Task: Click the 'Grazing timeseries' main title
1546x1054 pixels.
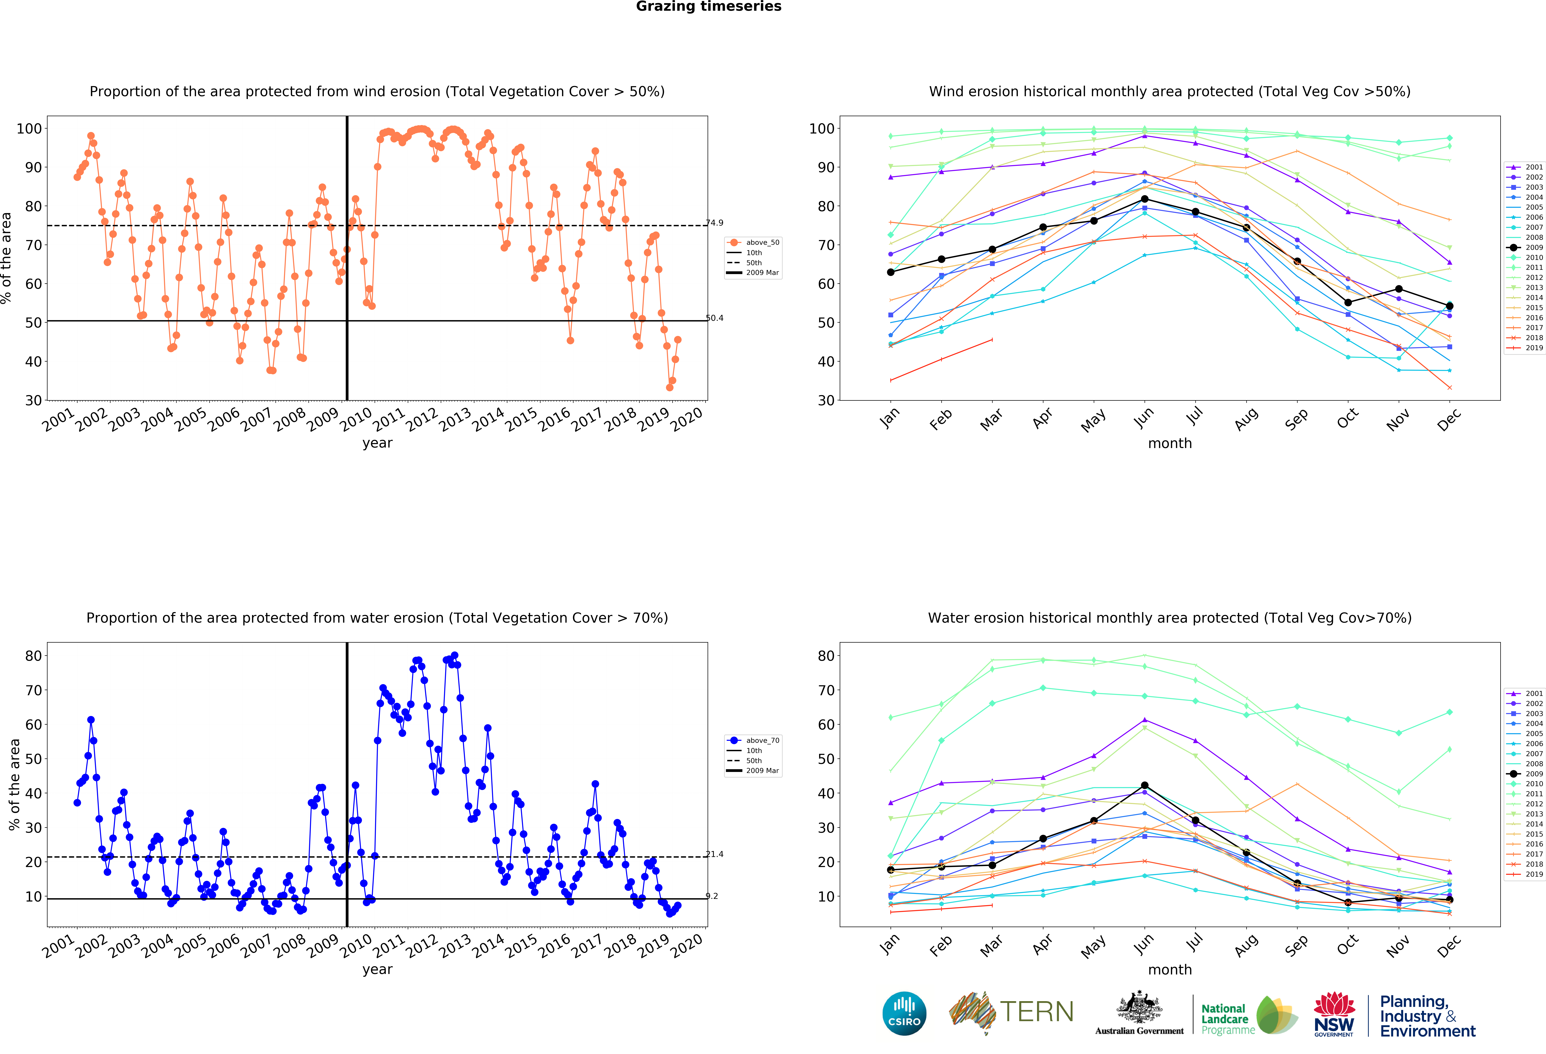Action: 708,7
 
